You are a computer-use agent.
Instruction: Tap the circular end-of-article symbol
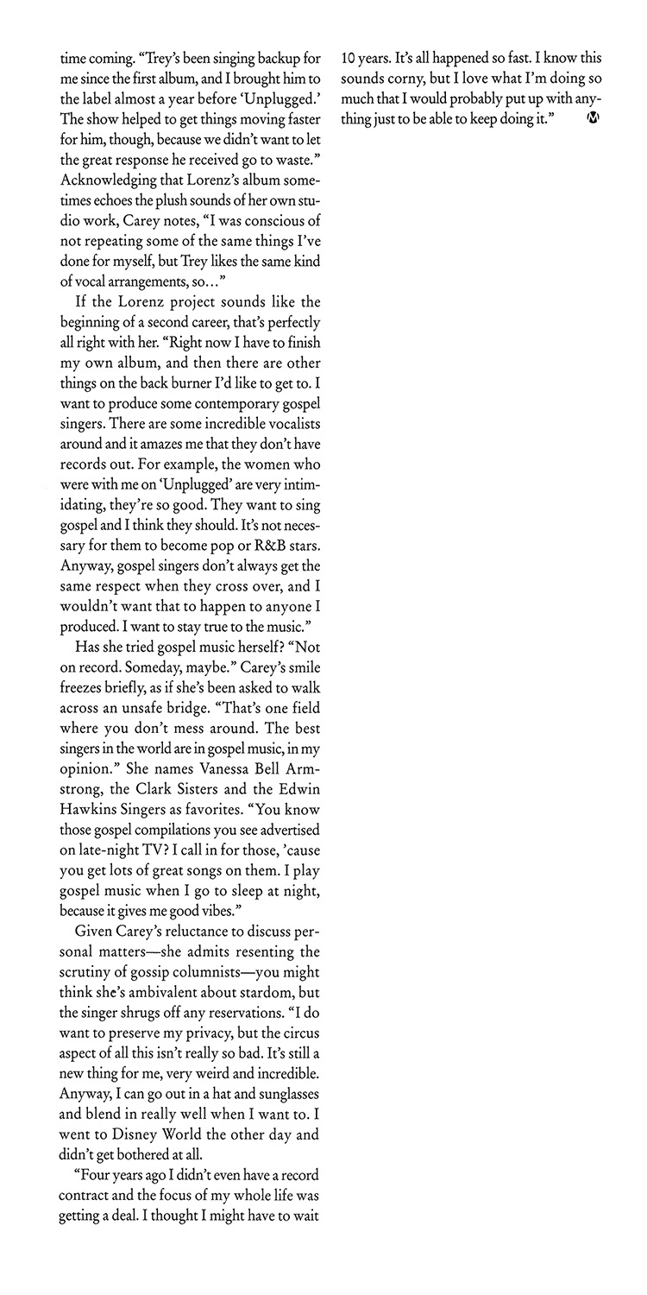click(592, 117)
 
